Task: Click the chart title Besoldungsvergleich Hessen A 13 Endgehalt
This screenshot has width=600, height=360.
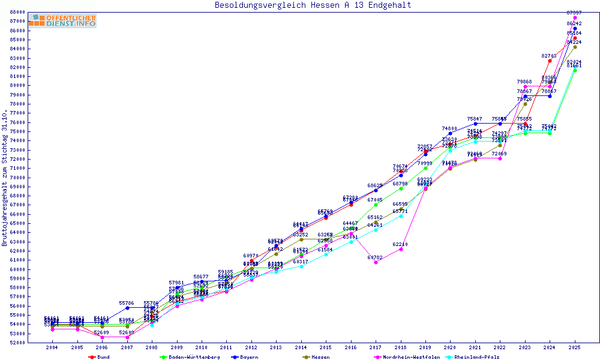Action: tap(313, 5)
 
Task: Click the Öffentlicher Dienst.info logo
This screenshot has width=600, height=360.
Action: tap(62, 21)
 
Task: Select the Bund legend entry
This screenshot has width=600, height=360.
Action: tap(100, 356)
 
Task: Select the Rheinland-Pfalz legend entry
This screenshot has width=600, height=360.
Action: tap(477, 356)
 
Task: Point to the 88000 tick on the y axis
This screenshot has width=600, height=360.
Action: tap(17, 12)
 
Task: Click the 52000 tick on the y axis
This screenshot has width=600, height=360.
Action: tap(17, 343)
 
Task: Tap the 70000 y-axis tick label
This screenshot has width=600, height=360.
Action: tap(17, 178)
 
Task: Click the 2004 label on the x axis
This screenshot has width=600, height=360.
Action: tap(52, 347)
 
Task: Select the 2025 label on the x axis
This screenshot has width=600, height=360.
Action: tap(575, 347)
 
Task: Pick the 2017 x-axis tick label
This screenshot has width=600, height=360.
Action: tap(376, 347)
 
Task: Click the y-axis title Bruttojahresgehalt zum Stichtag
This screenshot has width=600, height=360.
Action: tap(5, 178)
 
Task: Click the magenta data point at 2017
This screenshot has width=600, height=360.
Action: tap(376, 262)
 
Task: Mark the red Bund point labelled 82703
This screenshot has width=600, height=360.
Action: tap(550, 61)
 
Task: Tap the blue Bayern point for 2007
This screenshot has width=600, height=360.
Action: tap(127, 308)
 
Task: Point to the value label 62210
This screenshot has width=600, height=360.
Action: tap(401, 244)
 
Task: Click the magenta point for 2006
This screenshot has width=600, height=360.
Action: tap(102, 337)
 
